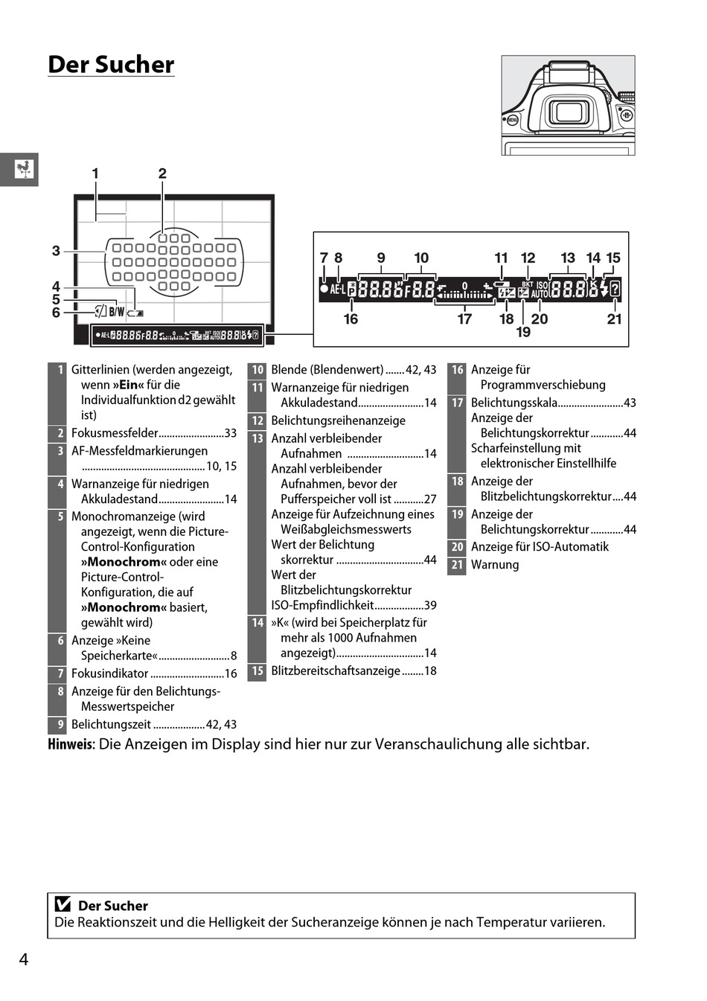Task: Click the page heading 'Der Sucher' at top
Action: pos(111,65)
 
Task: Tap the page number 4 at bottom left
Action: pos(24,959)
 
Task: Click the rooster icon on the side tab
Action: pos(25,169)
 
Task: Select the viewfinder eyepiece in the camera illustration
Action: pos(569,113)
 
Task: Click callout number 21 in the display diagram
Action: pos(614,319)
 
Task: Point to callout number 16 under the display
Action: pos(351,319)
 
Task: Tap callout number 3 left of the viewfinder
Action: pos(56,251)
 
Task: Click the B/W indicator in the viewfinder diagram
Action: pos(117,313)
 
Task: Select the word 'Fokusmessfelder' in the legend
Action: pos(115,433)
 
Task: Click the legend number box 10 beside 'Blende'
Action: pos(257,370)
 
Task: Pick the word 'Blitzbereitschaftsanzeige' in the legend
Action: pos(336,671)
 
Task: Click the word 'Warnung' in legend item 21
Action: pos(495,565)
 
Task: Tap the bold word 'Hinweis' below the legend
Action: pos(71,744)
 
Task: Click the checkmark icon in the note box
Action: pos(63,905)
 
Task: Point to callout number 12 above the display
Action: pos(528,258)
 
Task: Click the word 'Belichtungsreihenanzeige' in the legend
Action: pos(339,420)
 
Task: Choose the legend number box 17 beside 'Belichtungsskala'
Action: pos(457,403)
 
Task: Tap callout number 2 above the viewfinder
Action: pos(162,173)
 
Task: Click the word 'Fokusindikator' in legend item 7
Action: pos(110,674)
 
